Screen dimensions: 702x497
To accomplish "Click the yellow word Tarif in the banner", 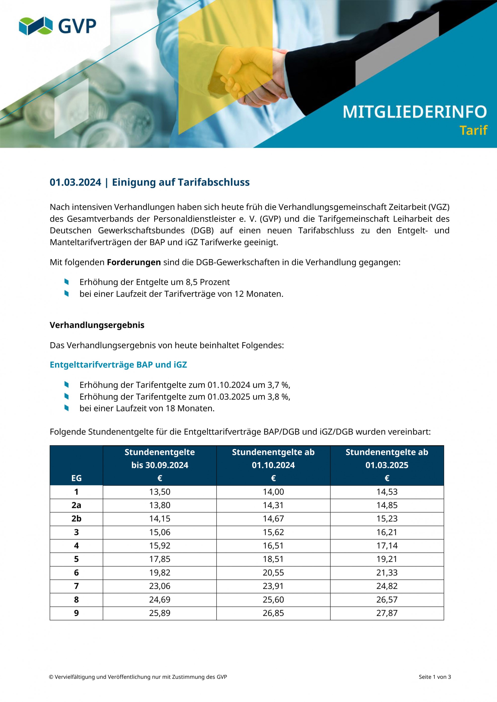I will [473, 131].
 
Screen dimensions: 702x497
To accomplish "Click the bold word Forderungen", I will [134, 262].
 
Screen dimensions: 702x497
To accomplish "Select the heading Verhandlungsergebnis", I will [97, 325].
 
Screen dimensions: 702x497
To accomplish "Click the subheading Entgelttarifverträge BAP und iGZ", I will [118, 365].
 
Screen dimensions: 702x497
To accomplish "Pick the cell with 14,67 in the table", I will [273, 519].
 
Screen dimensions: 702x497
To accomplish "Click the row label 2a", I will [76, 505].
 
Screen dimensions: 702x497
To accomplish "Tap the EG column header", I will [76, 478].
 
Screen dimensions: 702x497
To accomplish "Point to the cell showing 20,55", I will [273, 573].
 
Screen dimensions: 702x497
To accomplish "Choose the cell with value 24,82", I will [387, 586].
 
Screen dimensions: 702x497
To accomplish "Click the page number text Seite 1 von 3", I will [435, 677].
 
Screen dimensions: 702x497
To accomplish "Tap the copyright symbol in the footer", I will [51, 677].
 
